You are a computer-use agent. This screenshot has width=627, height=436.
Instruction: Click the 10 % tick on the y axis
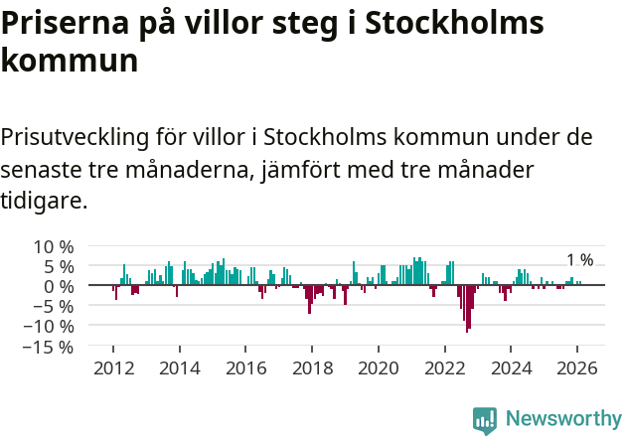click(x=54, y=246)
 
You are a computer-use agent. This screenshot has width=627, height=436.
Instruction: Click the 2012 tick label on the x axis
click(x=113, y=367)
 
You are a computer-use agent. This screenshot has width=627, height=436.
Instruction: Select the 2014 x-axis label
click(x=179, y=367)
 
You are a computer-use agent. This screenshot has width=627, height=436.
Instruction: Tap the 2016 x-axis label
click(x=245, y=367)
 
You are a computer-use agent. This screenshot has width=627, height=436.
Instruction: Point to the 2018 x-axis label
click(x=312, y=367)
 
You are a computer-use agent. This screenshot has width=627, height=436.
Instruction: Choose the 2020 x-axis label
click(x=379, y=367)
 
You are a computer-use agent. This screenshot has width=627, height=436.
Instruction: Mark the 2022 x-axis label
click(x=444, y=367)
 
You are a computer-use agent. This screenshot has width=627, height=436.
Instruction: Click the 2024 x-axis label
click(x=511, y=367)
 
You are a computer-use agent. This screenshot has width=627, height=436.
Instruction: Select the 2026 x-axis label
click(x=577, y=367)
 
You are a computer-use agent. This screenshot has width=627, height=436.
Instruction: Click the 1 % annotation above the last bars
click(x=579, y=260)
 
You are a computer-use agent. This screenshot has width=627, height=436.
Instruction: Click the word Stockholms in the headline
click(x=455, y=24)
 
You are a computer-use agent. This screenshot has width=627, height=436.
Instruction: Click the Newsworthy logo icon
click(x=485, y=420)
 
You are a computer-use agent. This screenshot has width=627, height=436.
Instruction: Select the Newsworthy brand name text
click(x=562, y=419)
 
